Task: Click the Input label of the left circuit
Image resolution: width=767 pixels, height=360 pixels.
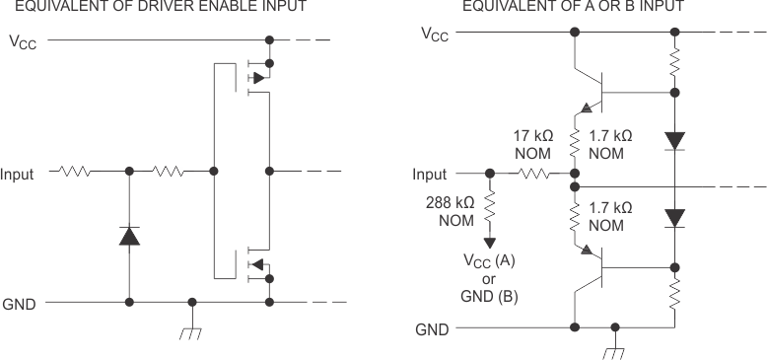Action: (22, 174)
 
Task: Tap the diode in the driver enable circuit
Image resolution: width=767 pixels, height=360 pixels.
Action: (128, 236)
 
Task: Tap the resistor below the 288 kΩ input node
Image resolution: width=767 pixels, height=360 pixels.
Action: (490, 208)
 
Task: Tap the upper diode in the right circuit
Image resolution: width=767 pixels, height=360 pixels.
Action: (674, 140)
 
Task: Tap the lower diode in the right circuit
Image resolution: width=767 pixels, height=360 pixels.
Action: (674, 216)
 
